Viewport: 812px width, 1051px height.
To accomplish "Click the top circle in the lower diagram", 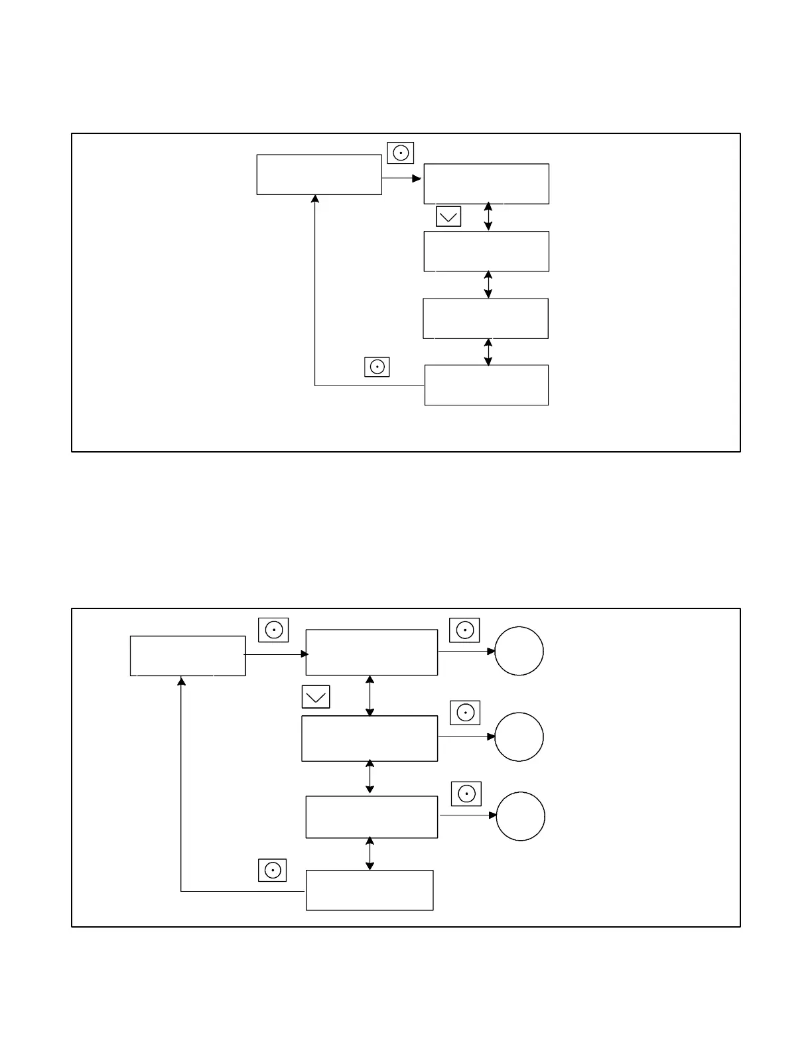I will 519,651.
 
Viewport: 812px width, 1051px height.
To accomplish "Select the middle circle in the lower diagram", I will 519,736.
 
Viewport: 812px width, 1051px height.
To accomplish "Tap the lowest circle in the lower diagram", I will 520,816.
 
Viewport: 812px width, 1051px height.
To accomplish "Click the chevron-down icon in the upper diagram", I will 448,216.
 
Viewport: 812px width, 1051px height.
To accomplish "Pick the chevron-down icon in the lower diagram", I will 316,697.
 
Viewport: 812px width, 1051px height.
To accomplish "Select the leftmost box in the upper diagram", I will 319,175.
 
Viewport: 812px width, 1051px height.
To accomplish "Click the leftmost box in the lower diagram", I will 188,656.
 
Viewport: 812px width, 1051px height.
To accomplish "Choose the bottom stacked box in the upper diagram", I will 486,385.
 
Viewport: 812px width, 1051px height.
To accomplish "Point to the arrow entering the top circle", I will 466,651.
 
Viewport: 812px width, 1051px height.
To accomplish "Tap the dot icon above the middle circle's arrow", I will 465,713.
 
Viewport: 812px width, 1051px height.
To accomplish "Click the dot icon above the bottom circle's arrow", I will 466,794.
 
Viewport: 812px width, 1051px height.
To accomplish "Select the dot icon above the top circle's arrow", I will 464,630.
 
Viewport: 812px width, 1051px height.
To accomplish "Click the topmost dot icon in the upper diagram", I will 401,153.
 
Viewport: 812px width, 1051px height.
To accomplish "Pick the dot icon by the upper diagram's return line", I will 377,367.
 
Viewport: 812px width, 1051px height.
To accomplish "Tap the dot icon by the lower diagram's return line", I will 272,870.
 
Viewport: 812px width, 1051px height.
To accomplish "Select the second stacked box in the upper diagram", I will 486,251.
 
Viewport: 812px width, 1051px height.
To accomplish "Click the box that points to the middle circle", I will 370,738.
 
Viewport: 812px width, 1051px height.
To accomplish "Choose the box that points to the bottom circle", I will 372,817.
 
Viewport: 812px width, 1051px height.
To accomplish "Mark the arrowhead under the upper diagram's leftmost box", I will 315,199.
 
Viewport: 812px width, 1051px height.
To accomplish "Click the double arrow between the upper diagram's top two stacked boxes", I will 488,217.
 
